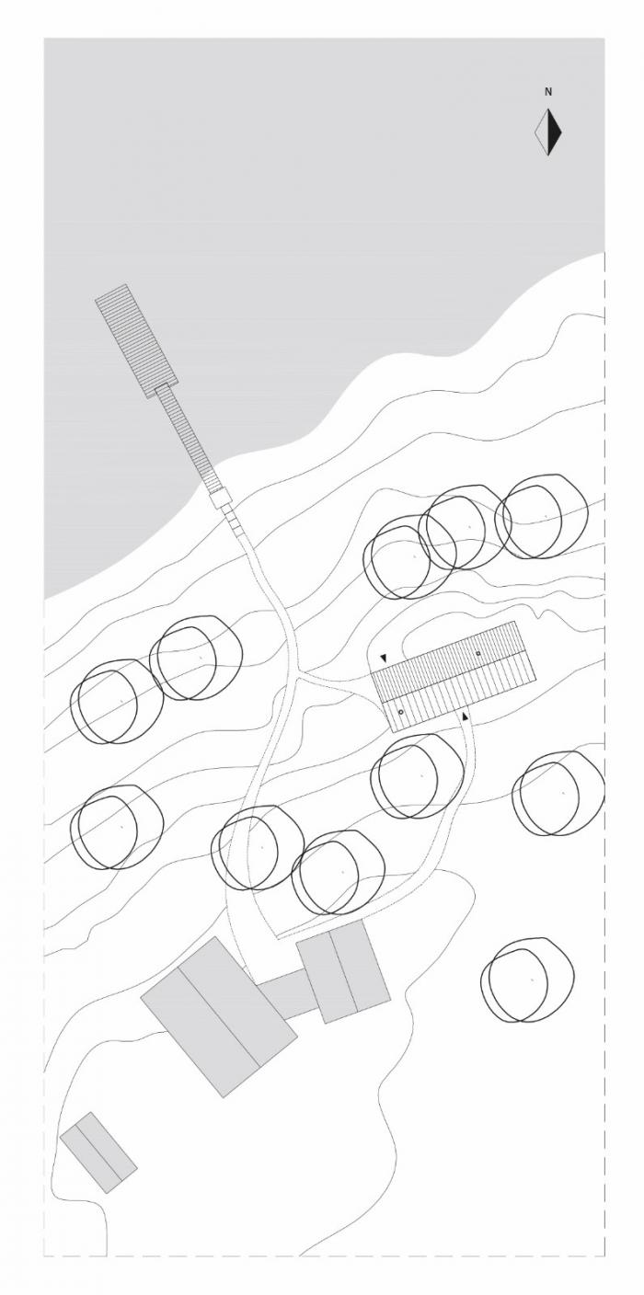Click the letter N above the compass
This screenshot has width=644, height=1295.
(x=548, y=92)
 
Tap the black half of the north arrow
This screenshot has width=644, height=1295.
(x=554, y=132)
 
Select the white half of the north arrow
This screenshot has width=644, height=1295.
(x=542, y=132)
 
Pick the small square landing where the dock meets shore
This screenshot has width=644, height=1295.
(x=221, y=499)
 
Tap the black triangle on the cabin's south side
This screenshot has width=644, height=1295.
(x=466, y=716)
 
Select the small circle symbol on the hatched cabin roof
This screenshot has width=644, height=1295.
(x=401, y=713)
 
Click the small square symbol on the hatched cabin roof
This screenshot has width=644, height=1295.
(x=478, y=653)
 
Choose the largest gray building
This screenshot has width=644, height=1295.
(x=219, y=1016)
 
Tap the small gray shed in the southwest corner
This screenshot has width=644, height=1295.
(x=98, y=1152)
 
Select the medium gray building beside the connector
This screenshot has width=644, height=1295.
(x=344, y=971)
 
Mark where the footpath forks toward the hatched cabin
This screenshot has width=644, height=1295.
(x=298, y=677)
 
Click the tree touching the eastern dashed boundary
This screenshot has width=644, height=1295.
(x=559, y=793)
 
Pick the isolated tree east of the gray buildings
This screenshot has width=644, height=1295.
(x=527, y=980)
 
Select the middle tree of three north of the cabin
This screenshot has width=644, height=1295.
(x=465, y=527)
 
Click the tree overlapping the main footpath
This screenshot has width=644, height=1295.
(x=258, y=847)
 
